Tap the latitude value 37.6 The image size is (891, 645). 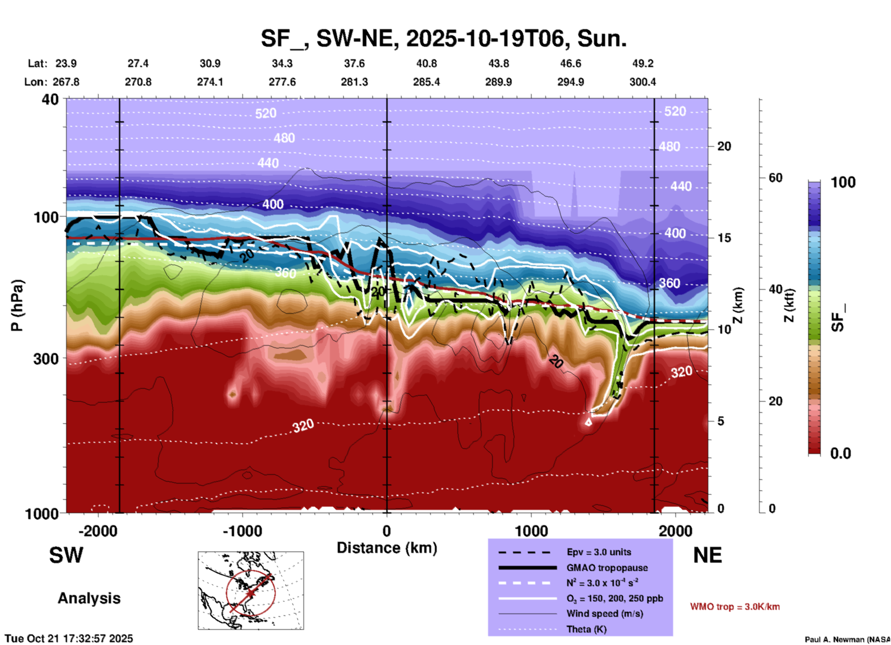pyautogui.click(x=354, y=63)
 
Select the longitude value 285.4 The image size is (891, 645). pyautogui.click(x=426, y=82)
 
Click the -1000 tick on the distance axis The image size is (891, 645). pyautogui.click(x=242, y=531)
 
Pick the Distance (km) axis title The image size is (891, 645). pyautogui.click(x=387, y=548)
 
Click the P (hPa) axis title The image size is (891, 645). pyautogui.click(x=17, y=305)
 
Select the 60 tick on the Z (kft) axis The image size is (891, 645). pyautogui.click(x=775, y=178)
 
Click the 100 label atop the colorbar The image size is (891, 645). pyautogui.click(x=843, y=182)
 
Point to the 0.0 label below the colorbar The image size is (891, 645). pyautogui.click(x=841, y=453)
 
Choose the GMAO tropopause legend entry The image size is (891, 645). pyautogui.click(x=607, y=568)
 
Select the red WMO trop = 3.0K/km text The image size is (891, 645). pyautogui.click(x=735, y=607)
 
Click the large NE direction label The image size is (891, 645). pyautogui.click(x=707, y=555)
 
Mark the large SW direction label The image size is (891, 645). pyautogui.click(x=66, y=555)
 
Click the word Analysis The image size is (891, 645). pyautogui.click(x=89, y=598)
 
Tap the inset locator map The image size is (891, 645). pyautogui.click(x=251, y=590)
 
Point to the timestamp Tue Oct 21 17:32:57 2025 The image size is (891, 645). pyautogui.click(x=69, y=639)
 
